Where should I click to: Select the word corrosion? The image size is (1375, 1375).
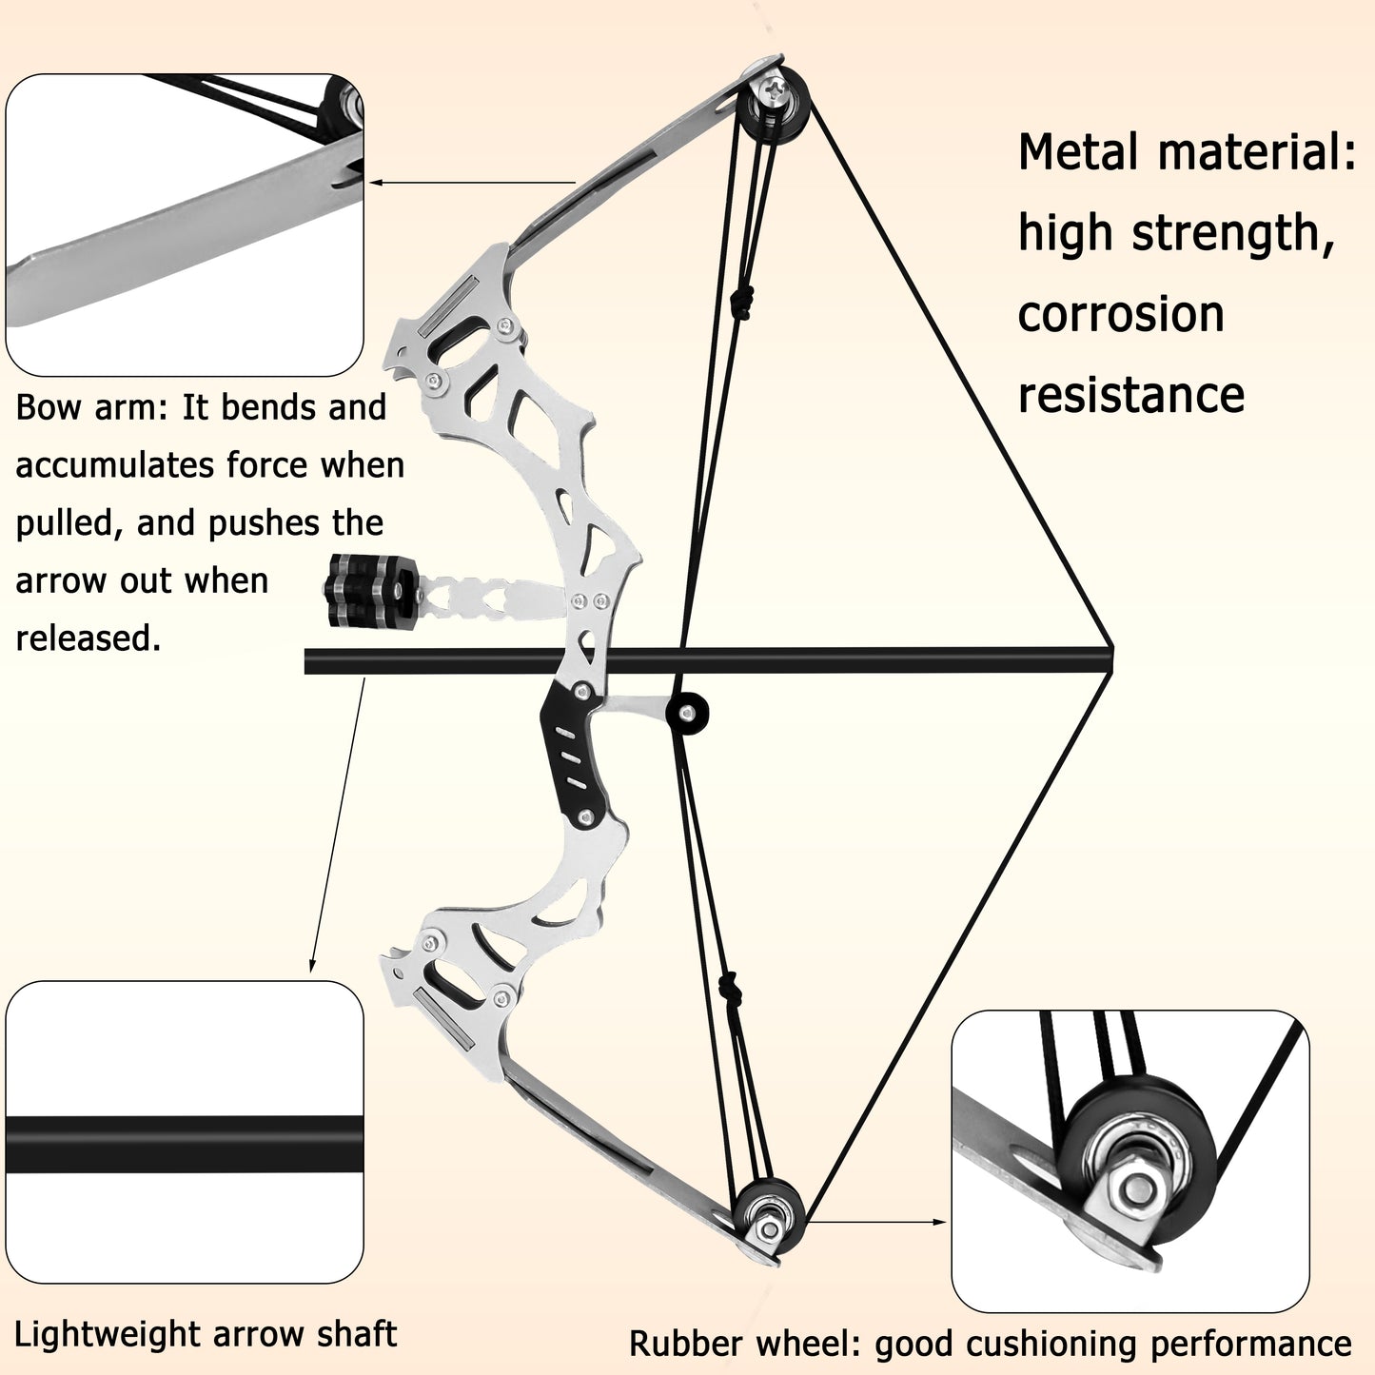[1120, 315]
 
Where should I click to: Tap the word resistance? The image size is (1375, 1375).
[1130, 395]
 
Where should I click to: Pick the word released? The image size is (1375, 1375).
[88, 638]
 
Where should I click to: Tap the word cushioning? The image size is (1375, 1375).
[1037, 1344]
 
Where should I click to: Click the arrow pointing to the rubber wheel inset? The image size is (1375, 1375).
[875, 1222]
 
